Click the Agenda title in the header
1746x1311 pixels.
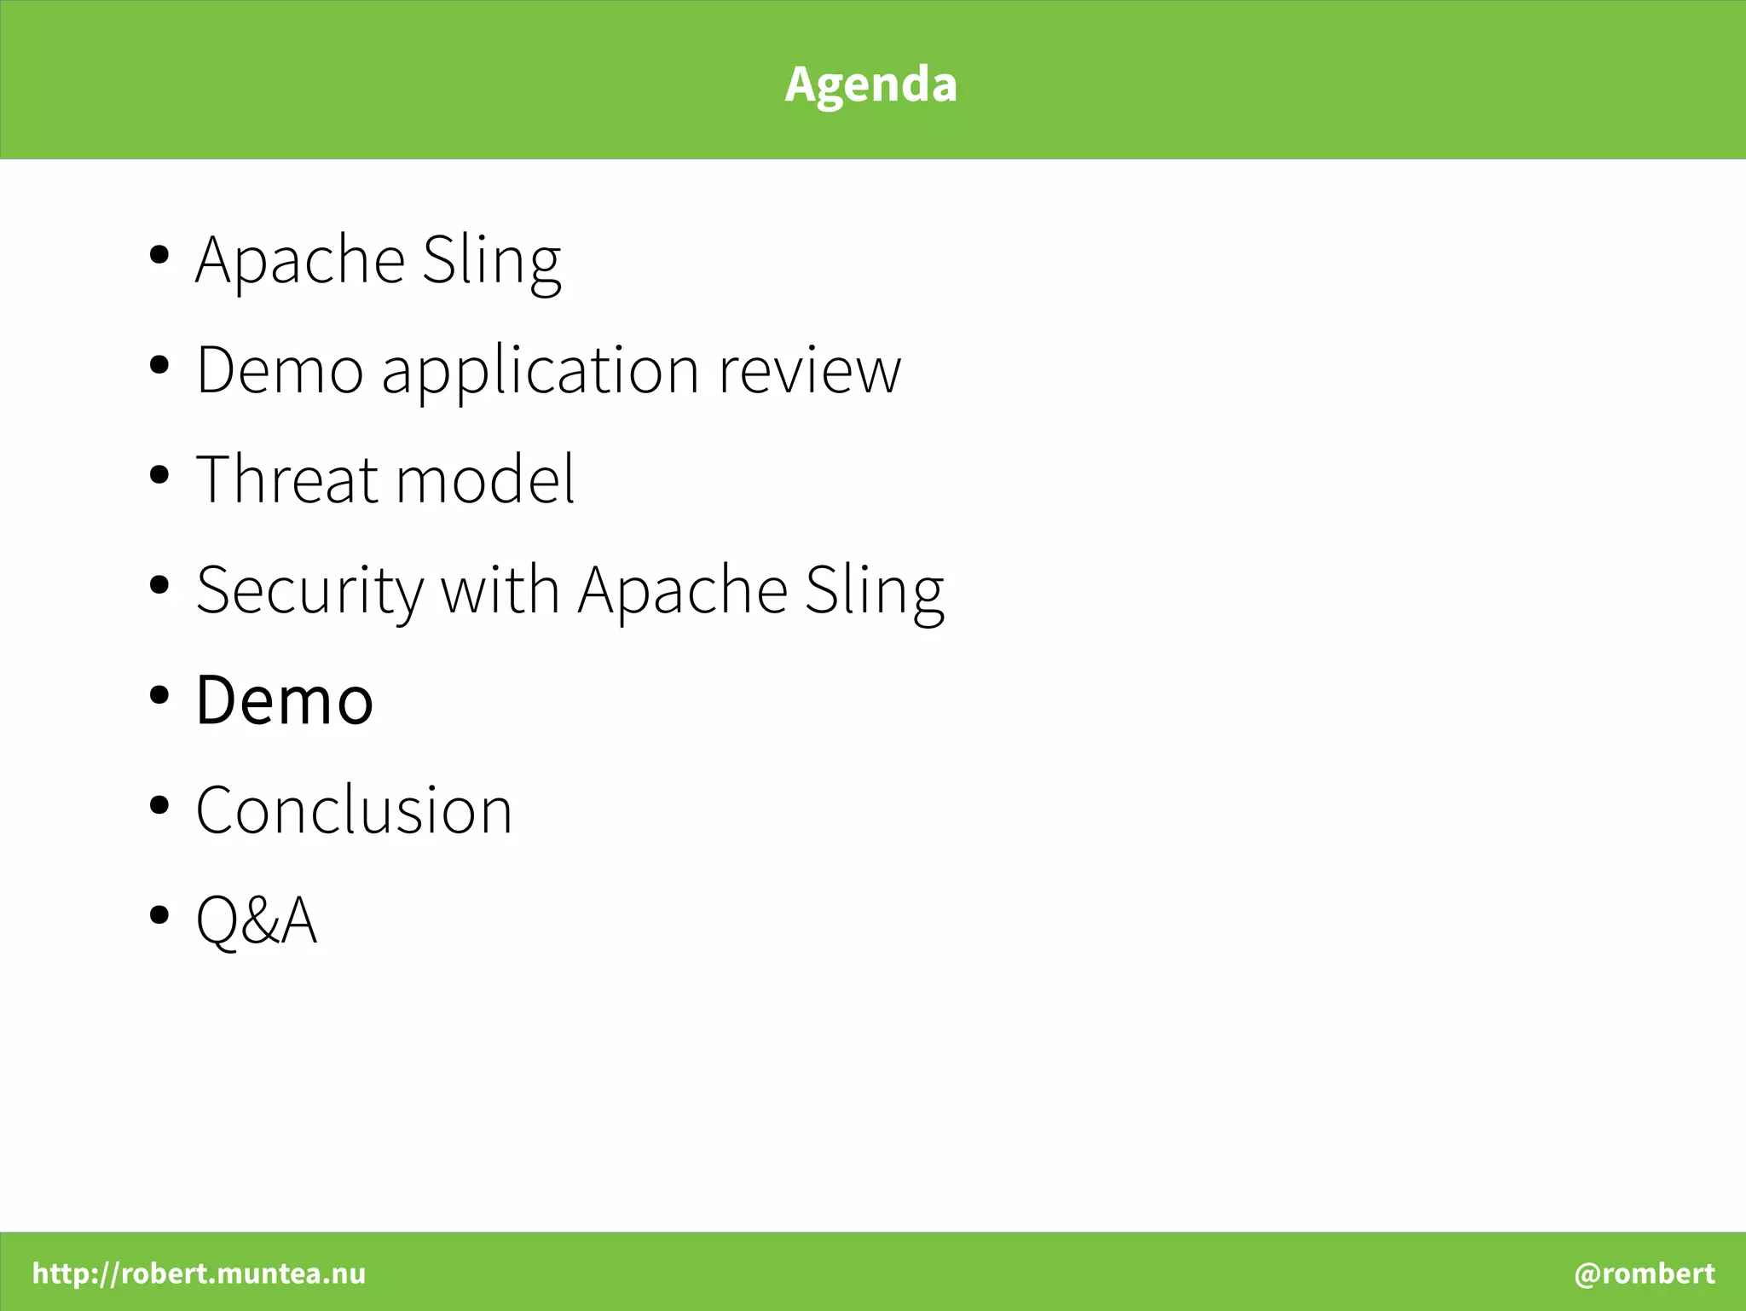[870, 84]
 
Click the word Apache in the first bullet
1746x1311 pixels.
[300, 260]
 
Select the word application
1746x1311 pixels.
[541, 372]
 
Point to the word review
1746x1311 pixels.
[809, 372]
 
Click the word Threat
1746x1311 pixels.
[286, 480]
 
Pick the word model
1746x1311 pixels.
[485, 480]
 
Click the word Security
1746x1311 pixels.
[309, 591]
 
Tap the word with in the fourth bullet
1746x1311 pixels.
[500, 589]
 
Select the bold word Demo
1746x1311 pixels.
[284, 700]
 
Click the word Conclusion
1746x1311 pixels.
[354, 810]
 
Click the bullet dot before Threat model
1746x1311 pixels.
[159, 475]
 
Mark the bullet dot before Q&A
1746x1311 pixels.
[159, 915]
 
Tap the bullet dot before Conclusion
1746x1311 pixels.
[159, 805]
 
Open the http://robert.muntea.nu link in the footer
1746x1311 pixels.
[199, 1273]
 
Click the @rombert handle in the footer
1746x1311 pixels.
[1644, 1273]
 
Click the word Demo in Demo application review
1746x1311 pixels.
[280, 371]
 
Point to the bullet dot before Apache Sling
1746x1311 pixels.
[159, 254]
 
